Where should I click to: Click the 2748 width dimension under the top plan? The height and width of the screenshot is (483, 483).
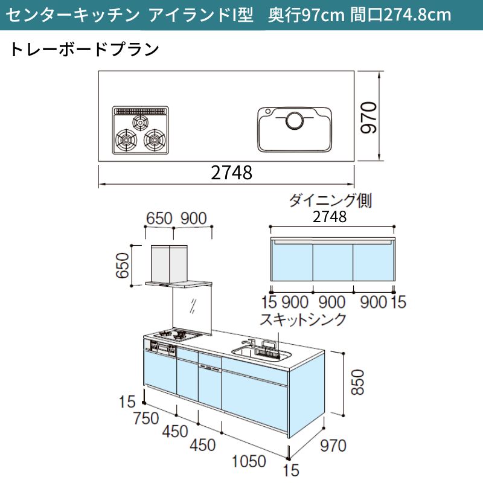(x=231, y=173)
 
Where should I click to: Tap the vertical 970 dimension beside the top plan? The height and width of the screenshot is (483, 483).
(x=369, y=117)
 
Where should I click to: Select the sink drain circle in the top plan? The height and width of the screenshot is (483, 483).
(x=295, y=120)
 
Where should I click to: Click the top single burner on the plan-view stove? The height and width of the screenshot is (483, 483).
(x=140, y=123)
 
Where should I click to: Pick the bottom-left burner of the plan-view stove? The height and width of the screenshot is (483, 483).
(x=126, y=140)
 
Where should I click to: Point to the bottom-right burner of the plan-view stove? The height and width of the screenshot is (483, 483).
(x=155, y=140)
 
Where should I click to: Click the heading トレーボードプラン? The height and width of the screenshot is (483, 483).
(x=85, y=50)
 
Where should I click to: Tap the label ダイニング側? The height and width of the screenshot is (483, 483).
(x=330, y=200)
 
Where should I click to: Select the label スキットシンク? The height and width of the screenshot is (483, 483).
(x=303, y=319)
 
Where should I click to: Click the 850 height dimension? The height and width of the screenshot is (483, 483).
(x=358, y=382)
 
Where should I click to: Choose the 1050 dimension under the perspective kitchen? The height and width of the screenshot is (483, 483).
(x=249, y=461)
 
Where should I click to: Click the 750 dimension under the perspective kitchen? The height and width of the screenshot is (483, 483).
(x=146, y=418)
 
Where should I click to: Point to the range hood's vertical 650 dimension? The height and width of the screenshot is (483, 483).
(x=123, y=265)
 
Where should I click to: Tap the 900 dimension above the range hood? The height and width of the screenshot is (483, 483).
(x=193, y=219)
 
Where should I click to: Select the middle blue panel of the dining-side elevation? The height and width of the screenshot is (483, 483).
(x=333, y=262)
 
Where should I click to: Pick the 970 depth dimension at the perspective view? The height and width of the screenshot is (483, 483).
(x=333, y=446)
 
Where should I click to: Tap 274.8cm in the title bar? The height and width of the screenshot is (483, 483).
(x=417, y=14)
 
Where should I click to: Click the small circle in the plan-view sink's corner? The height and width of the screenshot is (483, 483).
(x=267, y=111)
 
